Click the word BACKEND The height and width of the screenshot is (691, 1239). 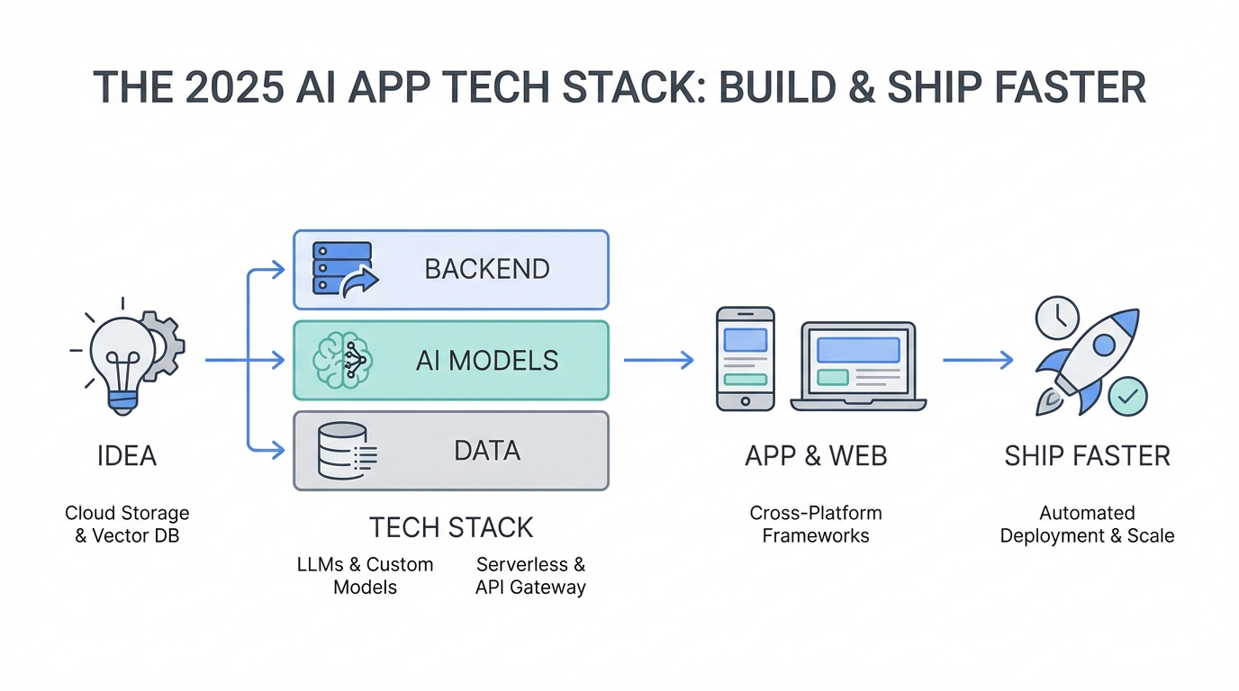pos(486,269)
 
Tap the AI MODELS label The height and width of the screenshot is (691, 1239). pos(486,361)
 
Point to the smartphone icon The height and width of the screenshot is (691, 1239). pos(745,359)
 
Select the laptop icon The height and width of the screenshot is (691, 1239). pos(857,366)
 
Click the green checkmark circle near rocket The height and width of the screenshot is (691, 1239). pos(1126,396)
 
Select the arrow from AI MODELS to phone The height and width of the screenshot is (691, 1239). pos(658,360)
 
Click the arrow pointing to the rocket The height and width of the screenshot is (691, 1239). pos(977,360)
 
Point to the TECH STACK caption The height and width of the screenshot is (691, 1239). pos(451,526)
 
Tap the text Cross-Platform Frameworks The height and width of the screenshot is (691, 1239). pos(815,525)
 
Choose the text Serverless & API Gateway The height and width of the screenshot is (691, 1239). pos(530,576)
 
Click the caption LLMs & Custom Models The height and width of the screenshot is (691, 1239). pos(365,576)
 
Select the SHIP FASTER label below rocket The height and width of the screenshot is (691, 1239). pos(1087,456)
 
